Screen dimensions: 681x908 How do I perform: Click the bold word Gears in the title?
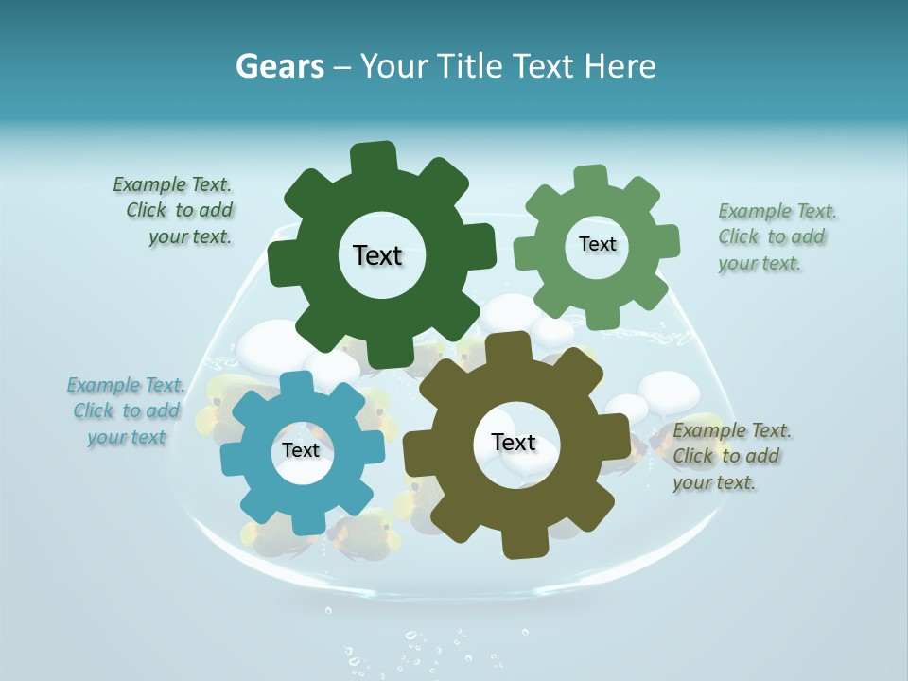coord(279,66)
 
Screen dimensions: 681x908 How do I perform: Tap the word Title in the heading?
coord(473,66)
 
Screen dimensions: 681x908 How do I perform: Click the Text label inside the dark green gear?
coord(377,255)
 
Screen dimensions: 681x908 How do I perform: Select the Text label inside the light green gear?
coord(597,244)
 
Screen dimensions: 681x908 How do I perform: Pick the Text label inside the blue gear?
coord(301,450)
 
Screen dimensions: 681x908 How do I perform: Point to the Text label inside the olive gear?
coord(514,442)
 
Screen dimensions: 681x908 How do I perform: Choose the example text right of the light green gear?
coord(776,236)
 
